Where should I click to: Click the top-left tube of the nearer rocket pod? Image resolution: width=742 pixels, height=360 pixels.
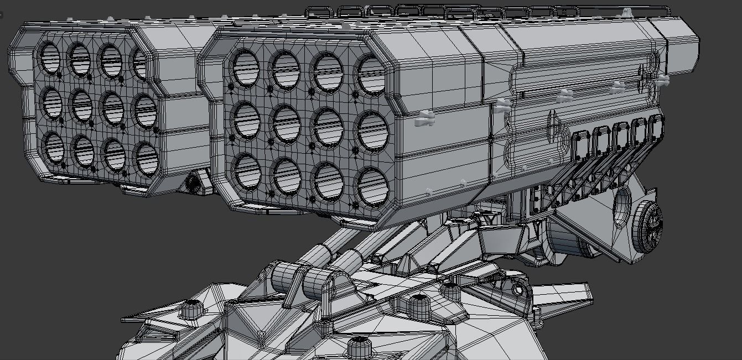(x=243, y=68)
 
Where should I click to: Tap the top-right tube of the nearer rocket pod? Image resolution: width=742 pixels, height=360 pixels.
(x=372, y=75)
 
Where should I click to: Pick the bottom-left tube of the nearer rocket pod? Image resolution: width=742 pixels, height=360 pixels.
(x=247, y=171)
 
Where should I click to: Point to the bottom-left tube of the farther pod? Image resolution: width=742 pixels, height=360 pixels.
(x=54, y=148)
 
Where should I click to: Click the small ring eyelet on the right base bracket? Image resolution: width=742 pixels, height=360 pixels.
(x=518, y=290)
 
